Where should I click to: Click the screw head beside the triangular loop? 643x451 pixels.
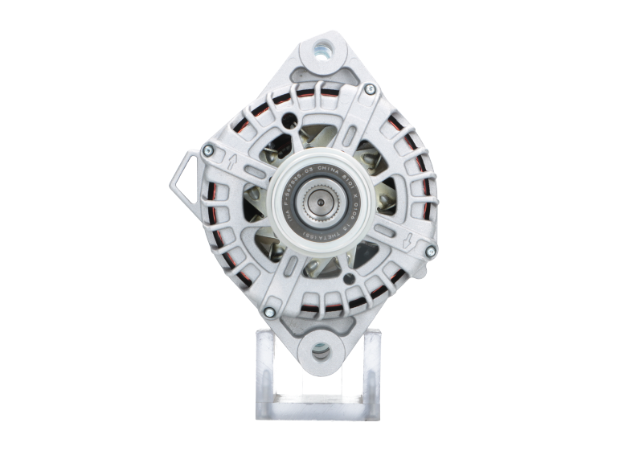pos(208,148)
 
